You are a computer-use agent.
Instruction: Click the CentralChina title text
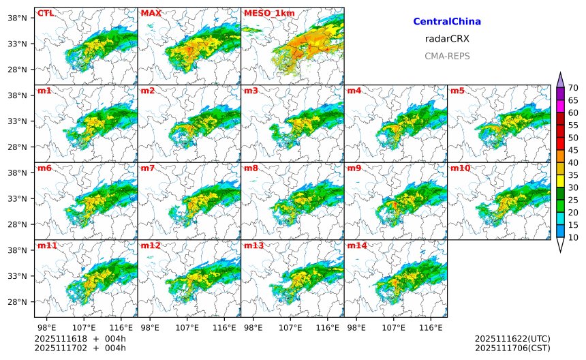447,22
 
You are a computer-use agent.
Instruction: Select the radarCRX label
447,39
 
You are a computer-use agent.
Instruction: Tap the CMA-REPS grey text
447,56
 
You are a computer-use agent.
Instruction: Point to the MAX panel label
151,13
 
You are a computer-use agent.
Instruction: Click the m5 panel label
457,91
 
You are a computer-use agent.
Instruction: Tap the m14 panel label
357,245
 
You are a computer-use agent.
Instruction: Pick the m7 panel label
148,168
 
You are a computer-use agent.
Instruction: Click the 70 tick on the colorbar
573,87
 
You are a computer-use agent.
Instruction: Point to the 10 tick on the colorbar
573,237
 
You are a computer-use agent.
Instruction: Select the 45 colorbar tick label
573,150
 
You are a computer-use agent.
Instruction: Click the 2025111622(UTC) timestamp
512,338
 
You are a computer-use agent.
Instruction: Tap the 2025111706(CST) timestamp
512,348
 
